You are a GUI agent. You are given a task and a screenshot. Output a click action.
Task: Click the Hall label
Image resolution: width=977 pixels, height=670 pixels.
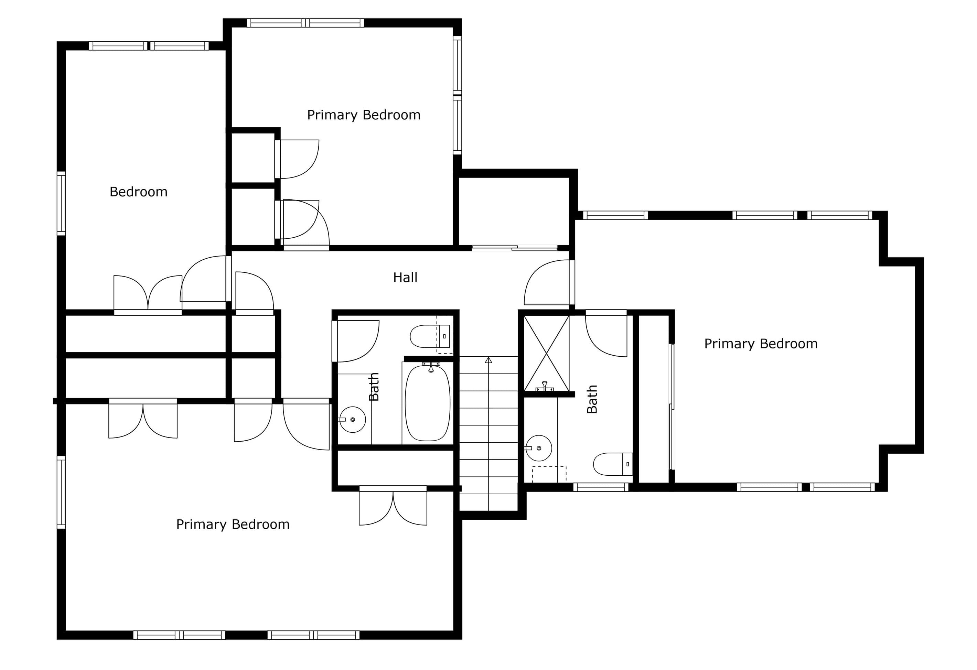click(405, 278)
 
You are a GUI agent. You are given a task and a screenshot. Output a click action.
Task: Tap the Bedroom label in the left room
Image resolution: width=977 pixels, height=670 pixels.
click(138, 192)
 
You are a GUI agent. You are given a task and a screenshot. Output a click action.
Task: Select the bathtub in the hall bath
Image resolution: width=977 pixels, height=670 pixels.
click(427, 403)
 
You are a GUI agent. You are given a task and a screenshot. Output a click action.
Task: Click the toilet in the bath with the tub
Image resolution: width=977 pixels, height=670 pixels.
click(430, 336)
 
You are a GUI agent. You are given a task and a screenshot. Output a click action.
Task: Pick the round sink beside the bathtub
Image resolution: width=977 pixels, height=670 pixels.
click(352, 420)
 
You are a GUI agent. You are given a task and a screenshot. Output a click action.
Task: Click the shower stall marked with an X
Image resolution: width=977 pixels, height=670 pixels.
click(546, 354)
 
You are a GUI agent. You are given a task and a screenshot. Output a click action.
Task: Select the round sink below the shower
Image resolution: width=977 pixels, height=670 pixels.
click(538, 448)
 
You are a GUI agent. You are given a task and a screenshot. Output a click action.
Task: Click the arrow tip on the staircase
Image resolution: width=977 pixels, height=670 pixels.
click(488, 358)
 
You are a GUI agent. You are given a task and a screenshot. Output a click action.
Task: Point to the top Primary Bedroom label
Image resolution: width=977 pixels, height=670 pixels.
click(364, 115)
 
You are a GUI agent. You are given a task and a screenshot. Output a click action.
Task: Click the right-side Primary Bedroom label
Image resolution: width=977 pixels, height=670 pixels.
click(761, 344)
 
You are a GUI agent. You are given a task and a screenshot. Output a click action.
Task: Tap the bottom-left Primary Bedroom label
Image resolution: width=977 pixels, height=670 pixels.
click(233, 524)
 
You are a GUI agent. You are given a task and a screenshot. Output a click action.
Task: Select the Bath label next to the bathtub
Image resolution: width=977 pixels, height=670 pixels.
click(374, 387)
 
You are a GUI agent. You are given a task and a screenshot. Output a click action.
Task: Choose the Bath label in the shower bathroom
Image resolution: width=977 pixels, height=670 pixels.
click(592, 399)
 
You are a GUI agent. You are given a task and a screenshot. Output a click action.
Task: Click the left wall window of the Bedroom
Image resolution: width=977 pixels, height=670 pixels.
click(61, 203)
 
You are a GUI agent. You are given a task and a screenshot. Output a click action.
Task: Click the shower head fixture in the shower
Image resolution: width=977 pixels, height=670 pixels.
click(545, 386)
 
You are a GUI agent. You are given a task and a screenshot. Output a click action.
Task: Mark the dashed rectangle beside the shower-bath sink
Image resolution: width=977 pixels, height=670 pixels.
click(549, 474)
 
